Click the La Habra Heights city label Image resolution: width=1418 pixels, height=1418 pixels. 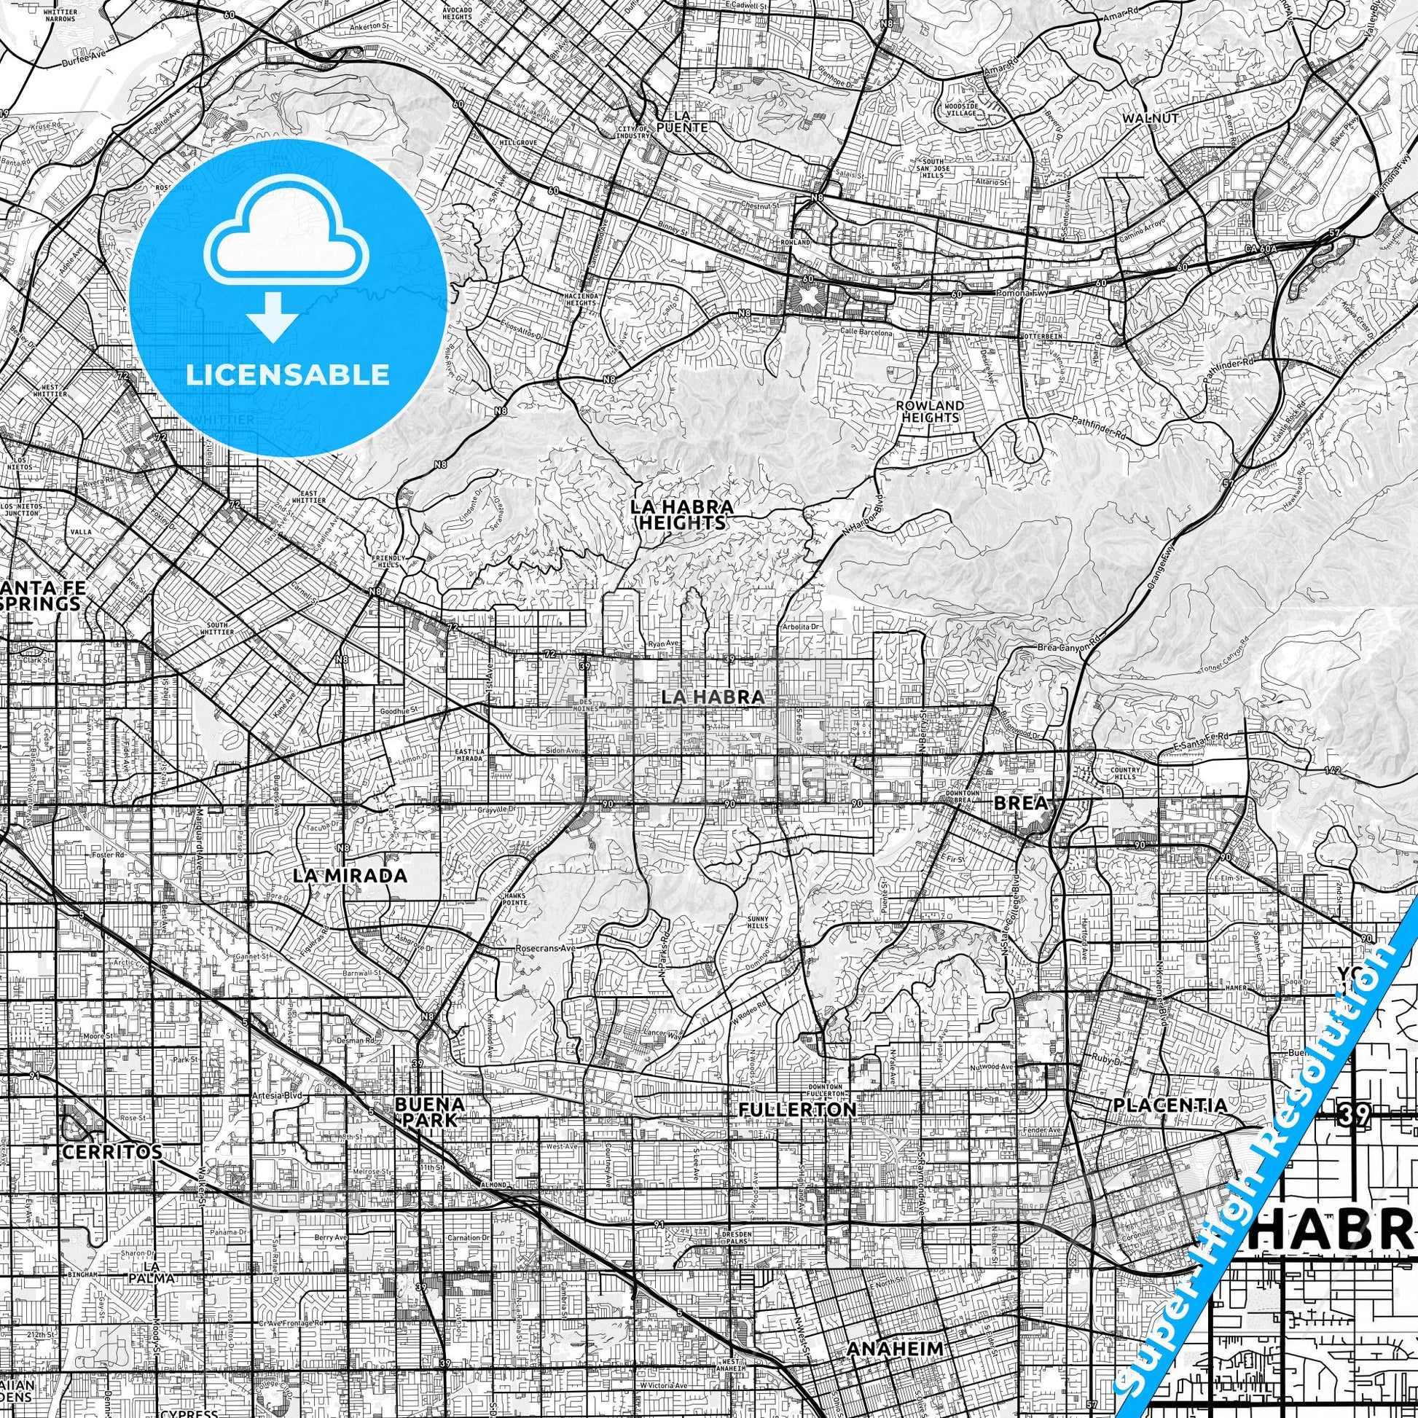[x=682, y=514]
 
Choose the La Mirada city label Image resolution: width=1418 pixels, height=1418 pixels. [x=349, y=876]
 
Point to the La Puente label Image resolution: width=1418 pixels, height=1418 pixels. [x=691, y=121]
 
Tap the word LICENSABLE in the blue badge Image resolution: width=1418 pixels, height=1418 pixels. [x=288, y=375]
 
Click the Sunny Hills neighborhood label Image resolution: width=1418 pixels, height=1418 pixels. [x=755, y=923]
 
